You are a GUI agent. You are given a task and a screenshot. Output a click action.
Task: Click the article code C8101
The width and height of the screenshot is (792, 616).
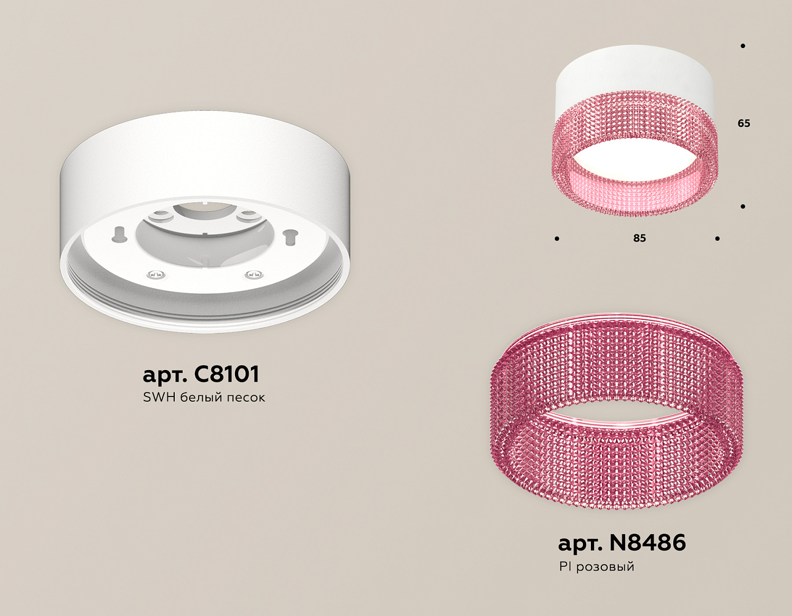(227, 374)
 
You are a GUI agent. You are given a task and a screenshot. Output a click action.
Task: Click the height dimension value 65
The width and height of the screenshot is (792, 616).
(744, 124)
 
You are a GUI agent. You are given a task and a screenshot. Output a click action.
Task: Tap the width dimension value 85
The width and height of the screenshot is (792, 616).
(639, 238)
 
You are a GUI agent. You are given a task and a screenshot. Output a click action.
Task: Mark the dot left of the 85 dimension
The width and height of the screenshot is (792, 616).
(557, 239)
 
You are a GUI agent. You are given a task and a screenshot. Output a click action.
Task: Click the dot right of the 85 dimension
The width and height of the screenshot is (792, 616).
(717, 239)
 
